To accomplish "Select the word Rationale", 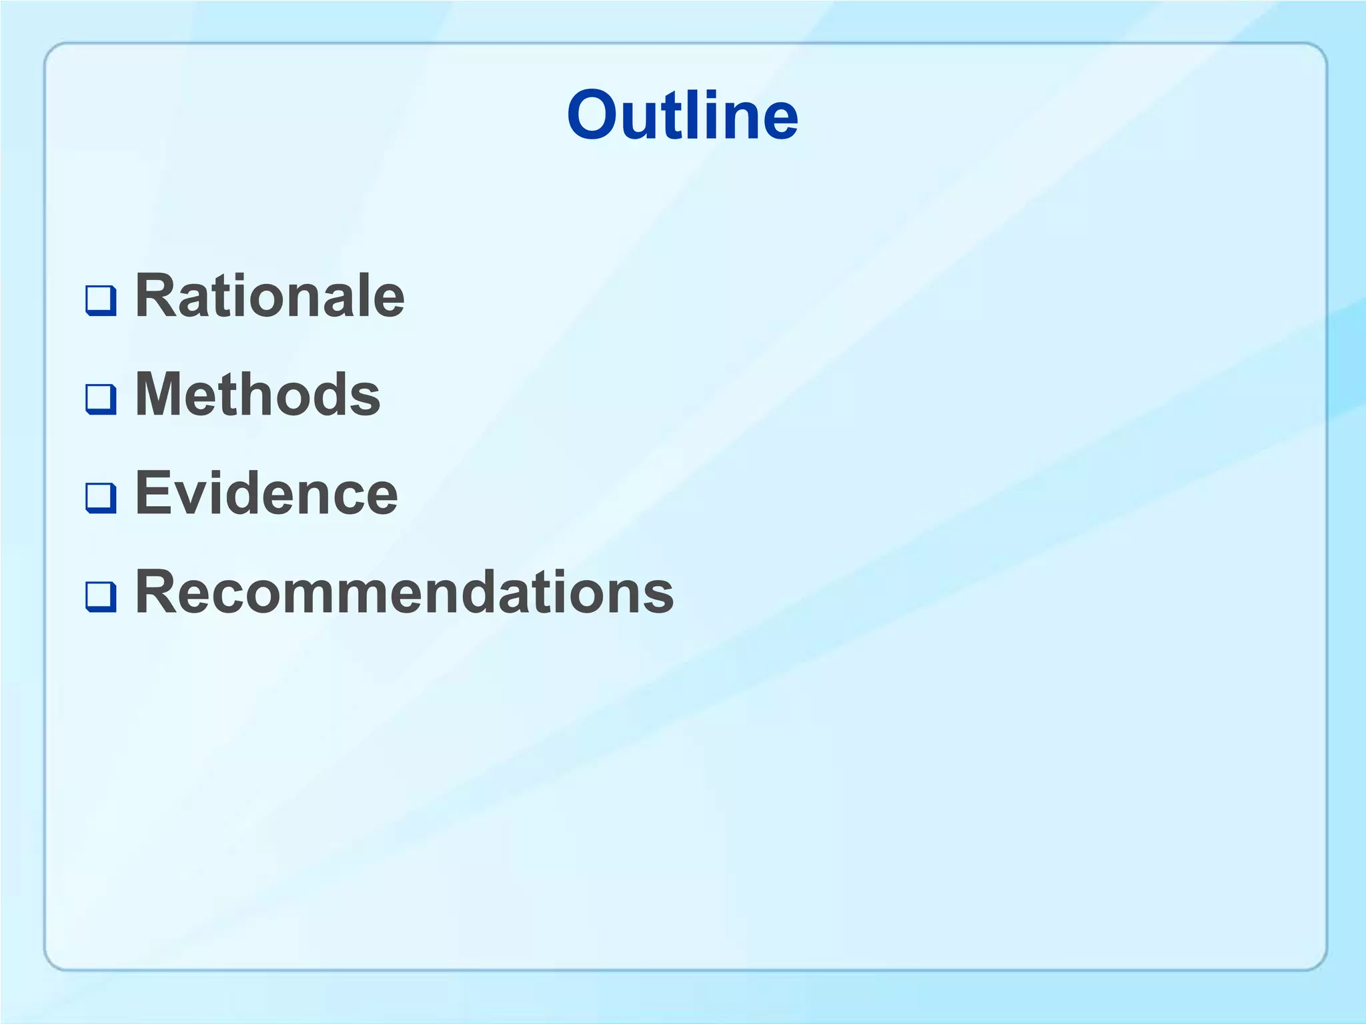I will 269,296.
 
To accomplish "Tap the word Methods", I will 257,395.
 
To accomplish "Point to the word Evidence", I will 266,493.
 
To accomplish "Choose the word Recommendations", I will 404,592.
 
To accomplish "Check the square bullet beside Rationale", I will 101,300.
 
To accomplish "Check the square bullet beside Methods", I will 101,399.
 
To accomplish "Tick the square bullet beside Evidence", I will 101,497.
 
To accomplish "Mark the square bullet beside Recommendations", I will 101,596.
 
